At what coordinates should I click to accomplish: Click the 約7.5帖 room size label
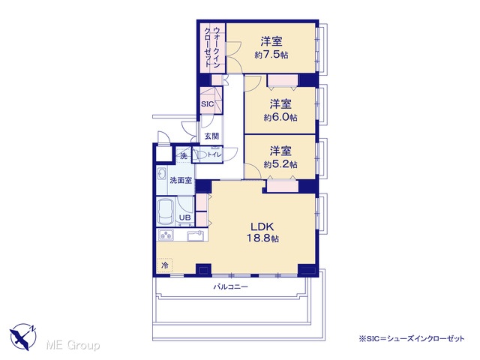pos(271,55)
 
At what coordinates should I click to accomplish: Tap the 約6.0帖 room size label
pos(280,118)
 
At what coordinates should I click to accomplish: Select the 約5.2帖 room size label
pos(280,164)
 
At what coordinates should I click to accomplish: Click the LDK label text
pos(262,226)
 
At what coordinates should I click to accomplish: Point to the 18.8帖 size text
pos(262,238)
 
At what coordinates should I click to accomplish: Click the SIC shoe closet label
pos(207,104)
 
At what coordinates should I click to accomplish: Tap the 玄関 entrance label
pos(211,136)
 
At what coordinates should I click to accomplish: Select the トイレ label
pos(214,155)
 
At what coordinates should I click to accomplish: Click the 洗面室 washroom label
pos(181,181)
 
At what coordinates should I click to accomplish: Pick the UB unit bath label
pos(184,217)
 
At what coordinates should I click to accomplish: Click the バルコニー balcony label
pos(230,287)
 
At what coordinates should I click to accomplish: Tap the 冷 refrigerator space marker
pos(165,265)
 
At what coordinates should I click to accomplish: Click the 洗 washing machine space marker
pos(183,156)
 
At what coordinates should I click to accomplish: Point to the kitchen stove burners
pos(165,235)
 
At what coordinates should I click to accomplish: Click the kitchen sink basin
pos(196,236)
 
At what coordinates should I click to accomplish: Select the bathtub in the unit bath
pos(166,211)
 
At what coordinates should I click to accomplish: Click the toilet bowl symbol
pos(201,154)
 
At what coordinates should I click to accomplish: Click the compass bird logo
pos(23,337)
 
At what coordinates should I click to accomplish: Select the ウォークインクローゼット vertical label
pos(211,46)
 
